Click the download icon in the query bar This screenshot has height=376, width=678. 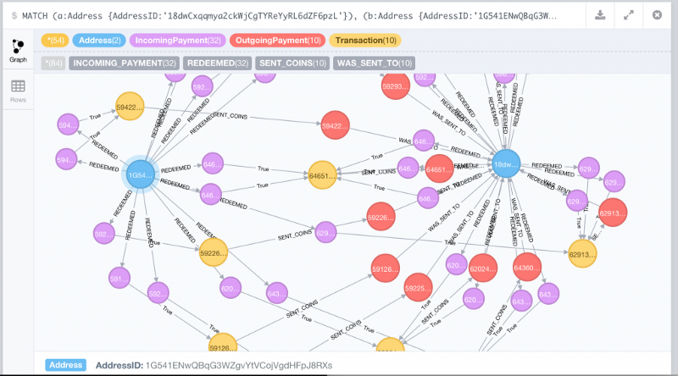600,15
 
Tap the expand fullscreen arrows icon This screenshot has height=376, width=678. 628,15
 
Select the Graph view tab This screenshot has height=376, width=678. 18,50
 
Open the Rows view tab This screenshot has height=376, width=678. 18,91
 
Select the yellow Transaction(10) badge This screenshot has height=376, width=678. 365,41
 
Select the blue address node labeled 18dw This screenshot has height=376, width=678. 506,164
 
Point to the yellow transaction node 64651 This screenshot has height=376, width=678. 322,174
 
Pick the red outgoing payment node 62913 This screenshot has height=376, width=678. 612,214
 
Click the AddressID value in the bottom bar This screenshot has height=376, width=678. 239,365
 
